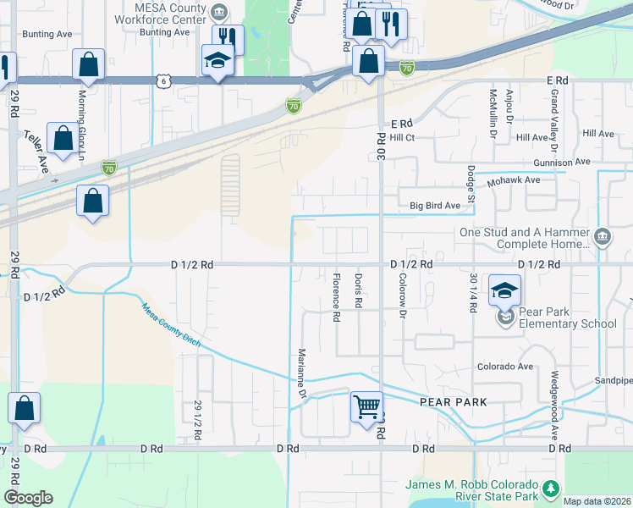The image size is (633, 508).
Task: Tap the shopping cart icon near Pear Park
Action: (x=367, y=406)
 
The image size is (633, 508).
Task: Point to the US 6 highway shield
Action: (x=165, y=80)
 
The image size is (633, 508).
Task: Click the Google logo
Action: (x=28, y=497)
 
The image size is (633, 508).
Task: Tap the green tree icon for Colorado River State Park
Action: (x=551, y=489)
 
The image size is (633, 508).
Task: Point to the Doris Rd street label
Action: (x=359, y=290)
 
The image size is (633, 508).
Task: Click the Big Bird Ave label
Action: (x=435, y=206)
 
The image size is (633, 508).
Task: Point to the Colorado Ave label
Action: (x=504, y=367)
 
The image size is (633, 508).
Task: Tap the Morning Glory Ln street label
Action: (x=83, y=117)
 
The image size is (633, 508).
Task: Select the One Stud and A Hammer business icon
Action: (x=602, y=235)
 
